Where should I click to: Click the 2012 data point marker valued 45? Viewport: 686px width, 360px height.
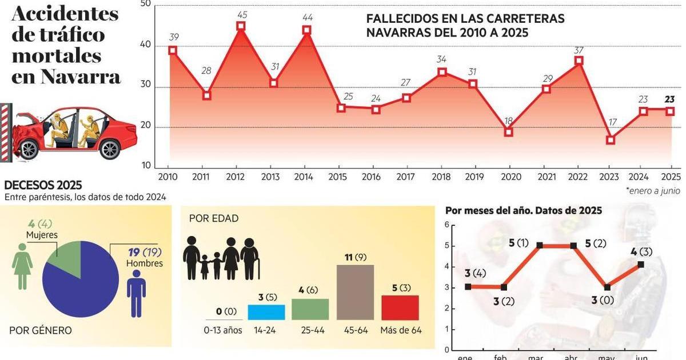coord(241,26)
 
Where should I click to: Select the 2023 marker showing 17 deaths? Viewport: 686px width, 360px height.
coord(611,140)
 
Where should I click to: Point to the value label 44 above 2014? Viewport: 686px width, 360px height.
coord(308,17)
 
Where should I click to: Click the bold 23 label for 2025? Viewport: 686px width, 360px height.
coord(669,99)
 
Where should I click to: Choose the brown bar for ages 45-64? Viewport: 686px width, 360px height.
coord(355,292)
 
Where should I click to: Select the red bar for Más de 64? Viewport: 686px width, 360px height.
coord(400,307)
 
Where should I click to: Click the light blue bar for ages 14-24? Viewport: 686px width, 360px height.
coord(266,312)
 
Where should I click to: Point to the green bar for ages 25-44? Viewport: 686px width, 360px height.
coord(310,309)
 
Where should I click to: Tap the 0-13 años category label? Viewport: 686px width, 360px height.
coord(223,330)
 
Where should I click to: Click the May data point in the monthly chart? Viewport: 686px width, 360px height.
coord(607,287)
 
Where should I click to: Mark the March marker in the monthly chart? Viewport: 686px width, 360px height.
coord(539,245)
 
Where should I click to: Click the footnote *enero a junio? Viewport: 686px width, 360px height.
coord(652,191)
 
